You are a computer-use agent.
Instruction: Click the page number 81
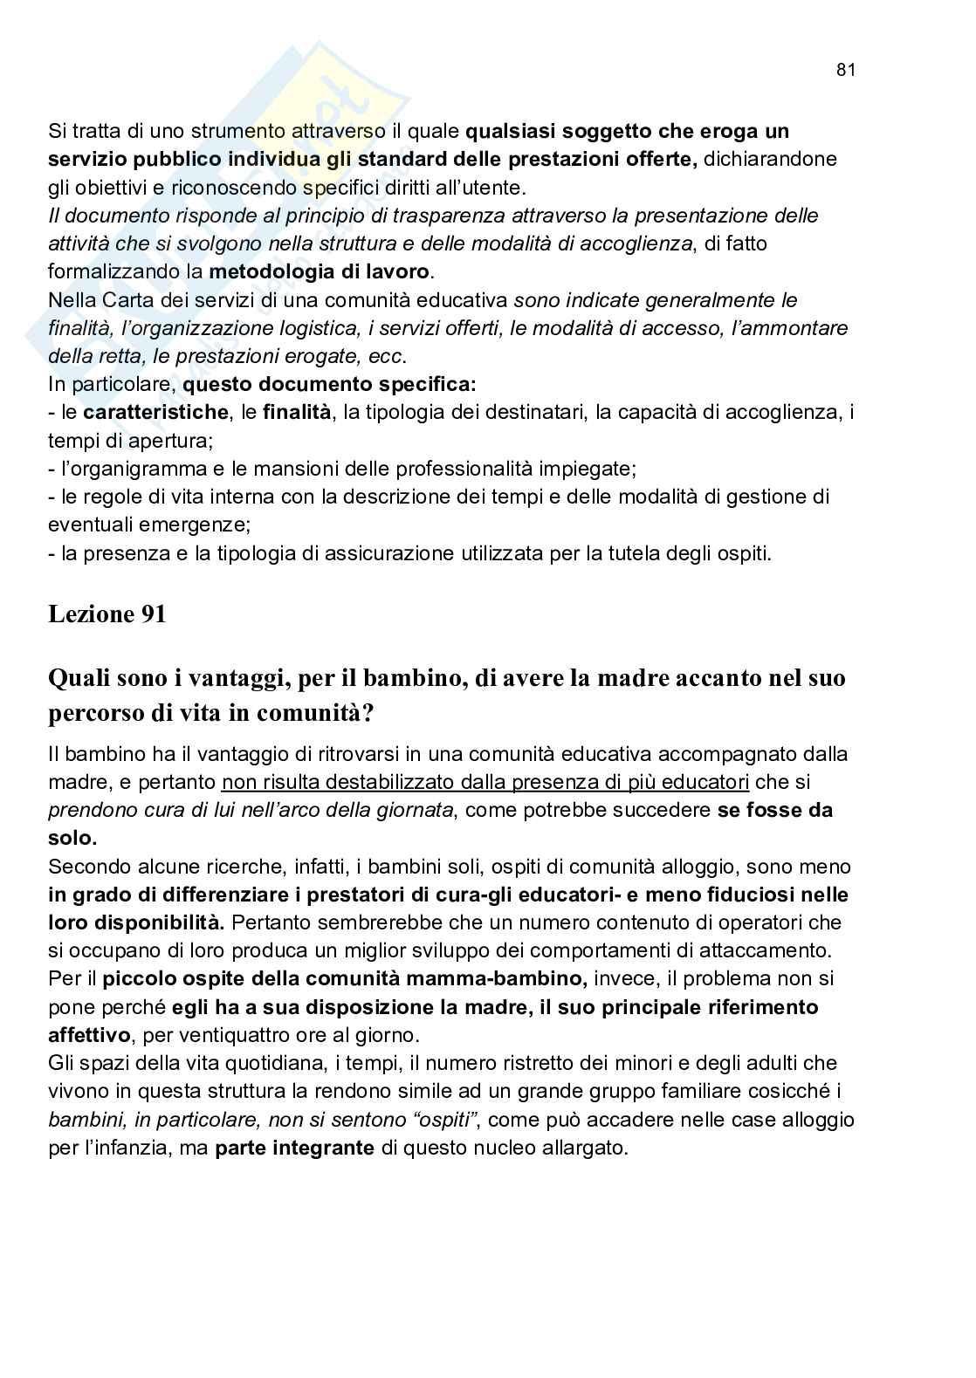pos(845,71)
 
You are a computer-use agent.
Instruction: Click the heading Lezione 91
pos(107,614)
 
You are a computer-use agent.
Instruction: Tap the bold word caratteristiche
pos(156,412)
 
